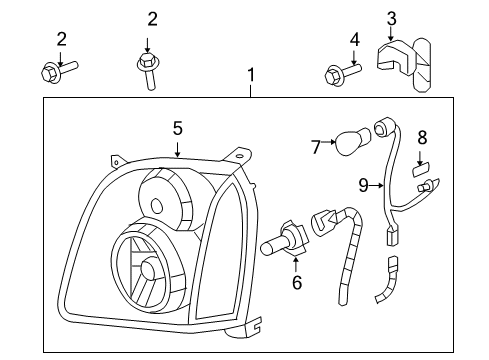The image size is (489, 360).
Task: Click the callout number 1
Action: (x=251, y=75)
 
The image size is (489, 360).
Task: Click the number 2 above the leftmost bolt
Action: (x=62, y=39)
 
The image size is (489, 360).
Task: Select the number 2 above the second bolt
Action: (x=152, y=18)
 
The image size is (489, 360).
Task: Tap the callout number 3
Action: (x=392, y=18)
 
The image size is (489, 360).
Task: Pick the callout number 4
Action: (x=354, y=39)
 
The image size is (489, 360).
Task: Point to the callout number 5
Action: (x=177, y=128)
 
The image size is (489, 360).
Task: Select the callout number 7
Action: (x=315, y=147)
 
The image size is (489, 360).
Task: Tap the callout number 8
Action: (x=423, y=137)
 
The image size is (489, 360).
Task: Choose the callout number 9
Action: (x=364, y=183)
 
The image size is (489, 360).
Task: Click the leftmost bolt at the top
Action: (x=58, y=70)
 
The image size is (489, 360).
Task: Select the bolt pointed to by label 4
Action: (x=340, y=72)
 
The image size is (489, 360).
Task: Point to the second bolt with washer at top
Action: (x=148, y=69)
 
